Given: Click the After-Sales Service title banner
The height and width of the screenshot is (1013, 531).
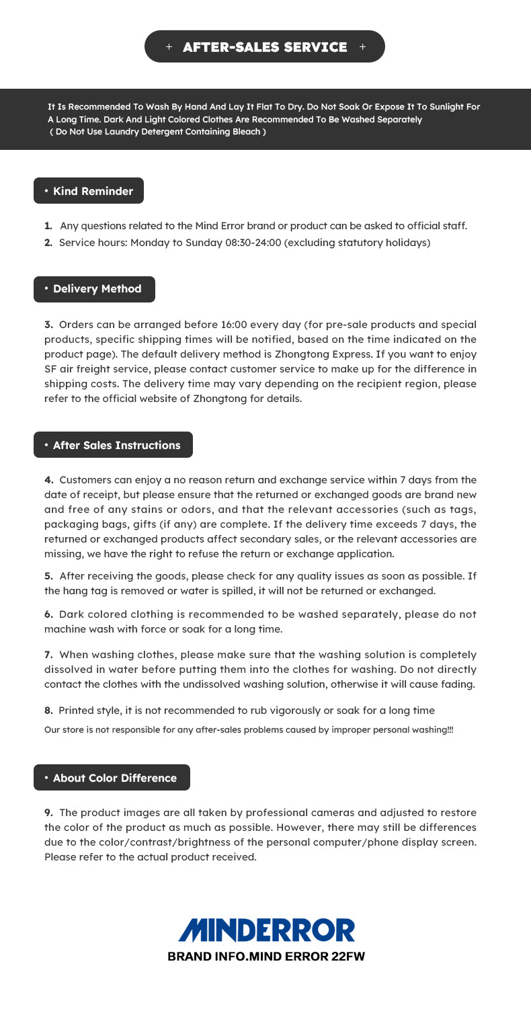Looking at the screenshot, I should click(x=265, y=47).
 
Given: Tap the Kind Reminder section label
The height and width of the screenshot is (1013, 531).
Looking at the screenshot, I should click(x=89, y=191).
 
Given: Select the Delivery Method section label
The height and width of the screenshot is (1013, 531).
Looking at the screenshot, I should click(x=94, y=289).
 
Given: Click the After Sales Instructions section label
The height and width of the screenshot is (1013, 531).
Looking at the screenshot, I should click(x=113, y=445).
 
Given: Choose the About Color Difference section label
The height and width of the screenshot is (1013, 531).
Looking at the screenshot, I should click(x=112, y=778).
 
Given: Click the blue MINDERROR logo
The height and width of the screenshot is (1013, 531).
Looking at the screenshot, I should click(x=266, y=930).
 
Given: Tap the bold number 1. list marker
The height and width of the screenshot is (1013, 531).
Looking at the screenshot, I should click(x=48, y=226).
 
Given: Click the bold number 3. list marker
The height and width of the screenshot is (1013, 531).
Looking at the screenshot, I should click(x=48, y=325).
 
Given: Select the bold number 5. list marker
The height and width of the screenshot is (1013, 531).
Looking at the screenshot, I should click(x=48, y=576).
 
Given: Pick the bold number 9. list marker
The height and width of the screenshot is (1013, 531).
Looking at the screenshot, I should click(x=48, y=813).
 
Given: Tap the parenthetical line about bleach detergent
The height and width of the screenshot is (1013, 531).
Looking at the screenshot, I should click(x=158, y=132).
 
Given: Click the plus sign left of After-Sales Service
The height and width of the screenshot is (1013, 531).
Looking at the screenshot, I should click(x=169, y=47).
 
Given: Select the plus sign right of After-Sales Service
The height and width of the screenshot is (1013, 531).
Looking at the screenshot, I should click(x=363, y=47).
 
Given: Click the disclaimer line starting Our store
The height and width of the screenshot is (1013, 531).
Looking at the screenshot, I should click(x=249, y=730).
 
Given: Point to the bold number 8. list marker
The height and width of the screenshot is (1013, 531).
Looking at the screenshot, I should click(x=48, y=711).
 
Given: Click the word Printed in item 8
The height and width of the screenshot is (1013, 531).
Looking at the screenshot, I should click(x=76, y=711).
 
